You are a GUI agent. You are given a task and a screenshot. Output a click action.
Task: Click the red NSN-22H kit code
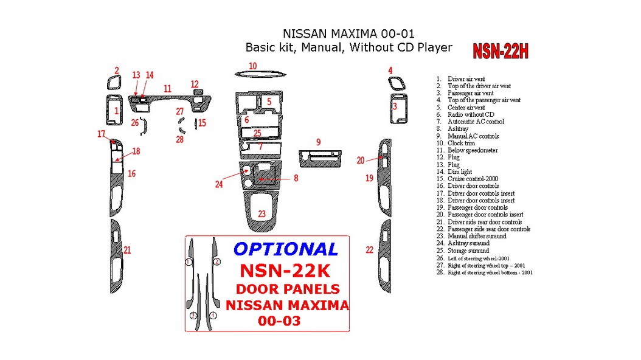coord(501,52)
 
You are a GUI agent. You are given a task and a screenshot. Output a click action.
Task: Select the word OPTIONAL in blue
coord(286,249)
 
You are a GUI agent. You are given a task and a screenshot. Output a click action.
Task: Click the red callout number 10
coord(252,66)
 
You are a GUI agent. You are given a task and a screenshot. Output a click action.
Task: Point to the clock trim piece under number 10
coord(260,74)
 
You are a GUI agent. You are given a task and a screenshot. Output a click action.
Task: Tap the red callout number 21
coord(127,250)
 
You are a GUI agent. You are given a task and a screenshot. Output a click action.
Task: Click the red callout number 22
coord(369,250)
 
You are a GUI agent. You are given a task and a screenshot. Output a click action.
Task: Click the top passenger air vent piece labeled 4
coord(395,84)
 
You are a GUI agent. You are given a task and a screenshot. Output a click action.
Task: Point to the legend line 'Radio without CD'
coord(471,114)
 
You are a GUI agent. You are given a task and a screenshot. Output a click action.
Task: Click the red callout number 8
coord(296,178)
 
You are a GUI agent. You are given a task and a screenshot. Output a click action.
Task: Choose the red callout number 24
coord(219,184)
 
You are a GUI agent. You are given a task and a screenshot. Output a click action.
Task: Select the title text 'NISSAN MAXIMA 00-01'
coord(349,34)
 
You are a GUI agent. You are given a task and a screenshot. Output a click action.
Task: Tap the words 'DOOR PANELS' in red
coord(288,289)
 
